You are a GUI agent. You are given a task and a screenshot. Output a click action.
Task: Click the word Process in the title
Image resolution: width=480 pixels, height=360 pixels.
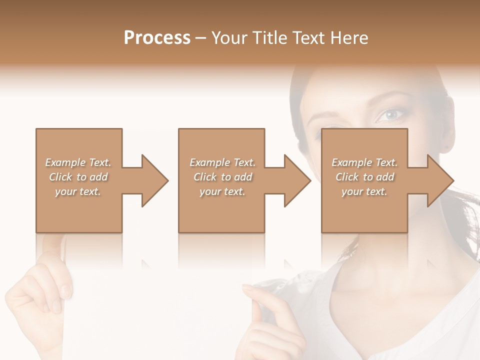pos(157,38)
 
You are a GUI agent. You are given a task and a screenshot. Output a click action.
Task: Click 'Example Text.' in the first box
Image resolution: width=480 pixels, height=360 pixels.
pos(78,162)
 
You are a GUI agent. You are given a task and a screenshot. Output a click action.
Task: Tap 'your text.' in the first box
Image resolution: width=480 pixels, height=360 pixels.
pos(78,191)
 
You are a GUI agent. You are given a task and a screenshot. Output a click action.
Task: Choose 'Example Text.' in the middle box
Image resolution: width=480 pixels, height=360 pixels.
pos(222,162)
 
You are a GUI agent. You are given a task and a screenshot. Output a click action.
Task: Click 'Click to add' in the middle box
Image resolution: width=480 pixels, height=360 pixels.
pos(222,177)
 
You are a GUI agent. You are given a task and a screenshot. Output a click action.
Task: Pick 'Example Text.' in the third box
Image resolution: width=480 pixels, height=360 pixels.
pos(364,162)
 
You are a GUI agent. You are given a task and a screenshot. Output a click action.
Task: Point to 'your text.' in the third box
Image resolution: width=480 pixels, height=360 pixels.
pos(364,191)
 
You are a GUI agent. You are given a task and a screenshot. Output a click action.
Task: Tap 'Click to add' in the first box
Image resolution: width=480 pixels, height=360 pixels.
pos(78,177)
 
